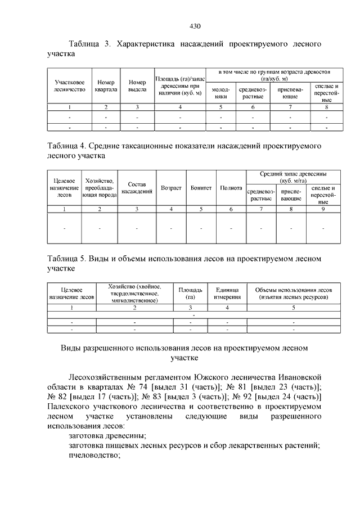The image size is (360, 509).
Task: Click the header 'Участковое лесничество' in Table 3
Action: [69, 85]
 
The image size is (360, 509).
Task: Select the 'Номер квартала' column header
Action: [106, 85]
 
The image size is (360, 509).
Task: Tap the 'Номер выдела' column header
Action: [137, 85]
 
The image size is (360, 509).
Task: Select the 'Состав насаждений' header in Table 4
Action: [137, 187]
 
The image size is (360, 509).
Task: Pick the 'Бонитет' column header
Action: [201, 187]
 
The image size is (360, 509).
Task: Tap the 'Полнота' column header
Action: [231, 187]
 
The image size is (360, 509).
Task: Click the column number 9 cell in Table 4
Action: [323, 209]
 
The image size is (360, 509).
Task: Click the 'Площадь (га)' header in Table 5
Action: [191, 294]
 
